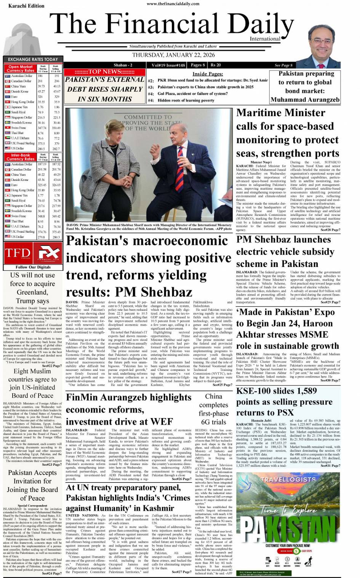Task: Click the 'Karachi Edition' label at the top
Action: point(26,6)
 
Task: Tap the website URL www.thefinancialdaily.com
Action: point(173,4)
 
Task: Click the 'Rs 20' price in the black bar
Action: point(216,65)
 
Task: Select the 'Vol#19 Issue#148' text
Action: point(168,65)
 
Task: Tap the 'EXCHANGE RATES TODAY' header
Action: point(33,59)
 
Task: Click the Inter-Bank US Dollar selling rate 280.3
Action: point(56,237)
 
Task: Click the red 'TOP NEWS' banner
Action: point(104,72)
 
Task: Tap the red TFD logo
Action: point(18,253)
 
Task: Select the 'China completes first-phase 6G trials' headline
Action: point(213,409)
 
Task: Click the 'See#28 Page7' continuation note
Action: point(330,230)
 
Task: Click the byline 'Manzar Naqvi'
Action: point(261,162)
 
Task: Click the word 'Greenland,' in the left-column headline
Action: point(32,292)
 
